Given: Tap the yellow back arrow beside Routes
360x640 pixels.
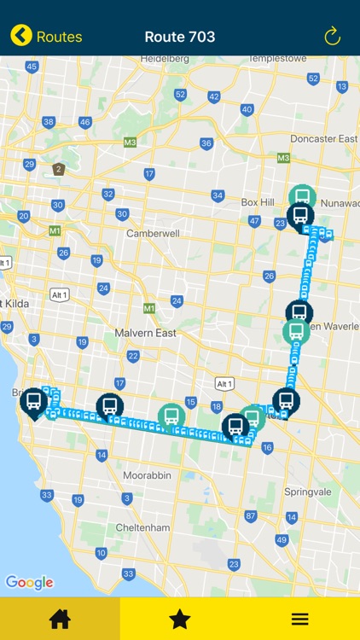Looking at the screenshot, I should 21,36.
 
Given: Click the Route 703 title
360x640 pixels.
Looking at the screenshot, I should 180,37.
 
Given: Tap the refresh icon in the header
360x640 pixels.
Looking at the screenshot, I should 333,36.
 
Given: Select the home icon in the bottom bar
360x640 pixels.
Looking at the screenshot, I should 60,619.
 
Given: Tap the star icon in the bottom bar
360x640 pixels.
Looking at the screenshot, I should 180,619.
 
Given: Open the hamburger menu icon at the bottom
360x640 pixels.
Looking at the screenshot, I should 300,619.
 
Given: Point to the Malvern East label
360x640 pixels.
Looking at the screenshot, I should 146,333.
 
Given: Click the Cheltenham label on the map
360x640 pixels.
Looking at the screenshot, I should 142,527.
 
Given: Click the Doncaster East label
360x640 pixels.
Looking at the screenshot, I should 323,138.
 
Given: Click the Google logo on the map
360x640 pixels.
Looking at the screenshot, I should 29,583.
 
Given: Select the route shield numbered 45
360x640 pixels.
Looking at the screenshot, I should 32,67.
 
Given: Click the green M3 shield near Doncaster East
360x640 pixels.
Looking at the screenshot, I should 283,158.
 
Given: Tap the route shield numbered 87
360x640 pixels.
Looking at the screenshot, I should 251,515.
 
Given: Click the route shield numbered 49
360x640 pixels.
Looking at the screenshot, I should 282,540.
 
